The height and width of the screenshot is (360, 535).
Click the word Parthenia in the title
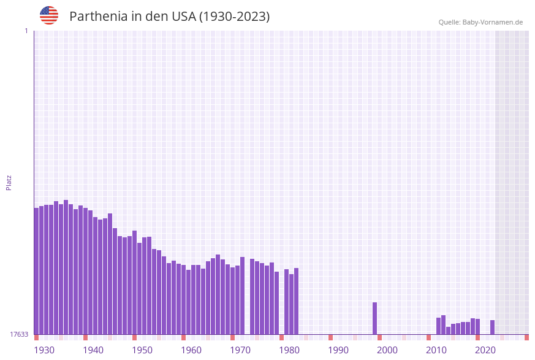[x=97, y=17]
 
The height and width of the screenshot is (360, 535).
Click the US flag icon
[x=49, y=15]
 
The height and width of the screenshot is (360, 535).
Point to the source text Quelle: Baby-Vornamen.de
[x=480, y=23]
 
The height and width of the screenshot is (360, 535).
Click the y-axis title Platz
[x=9, y=182]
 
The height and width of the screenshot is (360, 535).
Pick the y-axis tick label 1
[x=26, y=31]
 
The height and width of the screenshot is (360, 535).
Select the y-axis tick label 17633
[x=19, y=334]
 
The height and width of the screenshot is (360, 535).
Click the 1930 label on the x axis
[x=44, y=350]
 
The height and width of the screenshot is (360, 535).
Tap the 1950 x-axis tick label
[x=142, y=350]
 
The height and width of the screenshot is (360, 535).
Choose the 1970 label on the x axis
[x=240, y=350]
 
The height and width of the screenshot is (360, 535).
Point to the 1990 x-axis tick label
[x=338, y=350]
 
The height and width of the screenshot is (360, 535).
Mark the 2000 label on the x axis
[x=387, y=350]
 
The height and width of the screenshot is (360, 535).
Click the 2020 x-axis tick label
[x=485, y=350]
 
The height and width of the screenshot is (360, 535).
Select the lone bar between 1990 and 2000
[x=374, y=318]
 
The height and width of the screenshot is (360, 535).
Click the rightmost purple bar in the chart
[x=492, y=327]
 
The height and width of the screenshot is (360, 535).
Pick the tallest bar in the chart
[x=66, y=267]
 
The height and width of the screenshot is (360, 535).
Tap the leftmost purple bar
[x=36, y=271]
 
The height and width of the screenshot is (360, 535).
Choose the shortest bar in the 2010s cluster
[x=448, y=331]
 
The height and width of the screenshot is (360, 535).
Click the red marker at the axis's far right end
[x=526, y=337]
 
